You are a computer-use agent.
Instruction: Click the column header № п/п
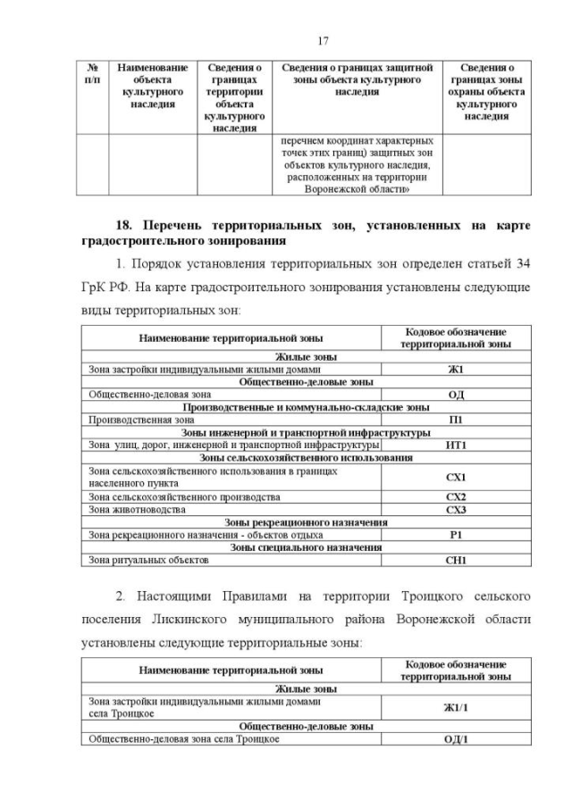pos(91,73)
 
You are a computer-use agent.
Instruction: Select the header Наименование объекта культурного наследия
pos(152,86)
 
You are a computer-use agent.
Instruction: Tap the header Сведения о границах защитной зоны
pos(357,79)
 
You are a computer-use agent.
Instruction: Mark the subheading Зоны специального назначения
pos(306,547)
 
